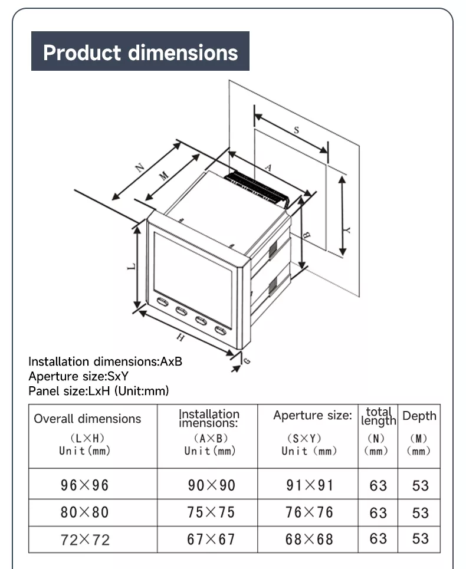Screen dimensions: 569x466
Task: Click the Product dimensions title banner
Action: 140,52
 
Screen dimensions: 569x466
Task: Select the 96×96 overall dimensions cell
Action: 85,485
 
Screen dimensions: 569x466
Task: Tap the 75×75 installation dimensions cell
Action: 211,512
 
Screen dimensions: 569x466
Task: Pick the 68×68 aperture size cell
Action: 309,539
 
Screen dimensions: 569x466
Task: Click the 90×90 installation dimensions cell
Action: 211,485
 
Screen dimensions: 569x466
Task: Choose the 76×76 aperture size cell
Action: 309,512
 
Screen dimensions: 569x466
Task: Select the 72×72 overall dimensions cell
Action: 85,540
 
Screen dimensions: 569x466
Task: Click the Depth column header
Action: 419,416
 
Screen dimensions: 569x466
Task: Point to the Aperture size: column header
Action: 312,416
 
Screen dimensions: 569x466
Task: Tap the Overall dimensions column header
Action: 87,419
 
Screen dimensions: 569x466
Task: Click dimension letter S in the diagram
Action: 296,130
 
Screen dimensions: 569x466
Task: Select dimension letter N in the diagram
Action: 140,167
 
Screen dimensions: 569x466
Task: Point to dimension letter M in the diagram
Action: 164,175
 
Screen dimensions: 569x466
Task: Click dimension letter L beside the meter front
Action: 131,267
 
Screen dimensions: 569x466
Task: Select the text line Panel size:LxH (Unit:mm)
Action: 99,391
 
